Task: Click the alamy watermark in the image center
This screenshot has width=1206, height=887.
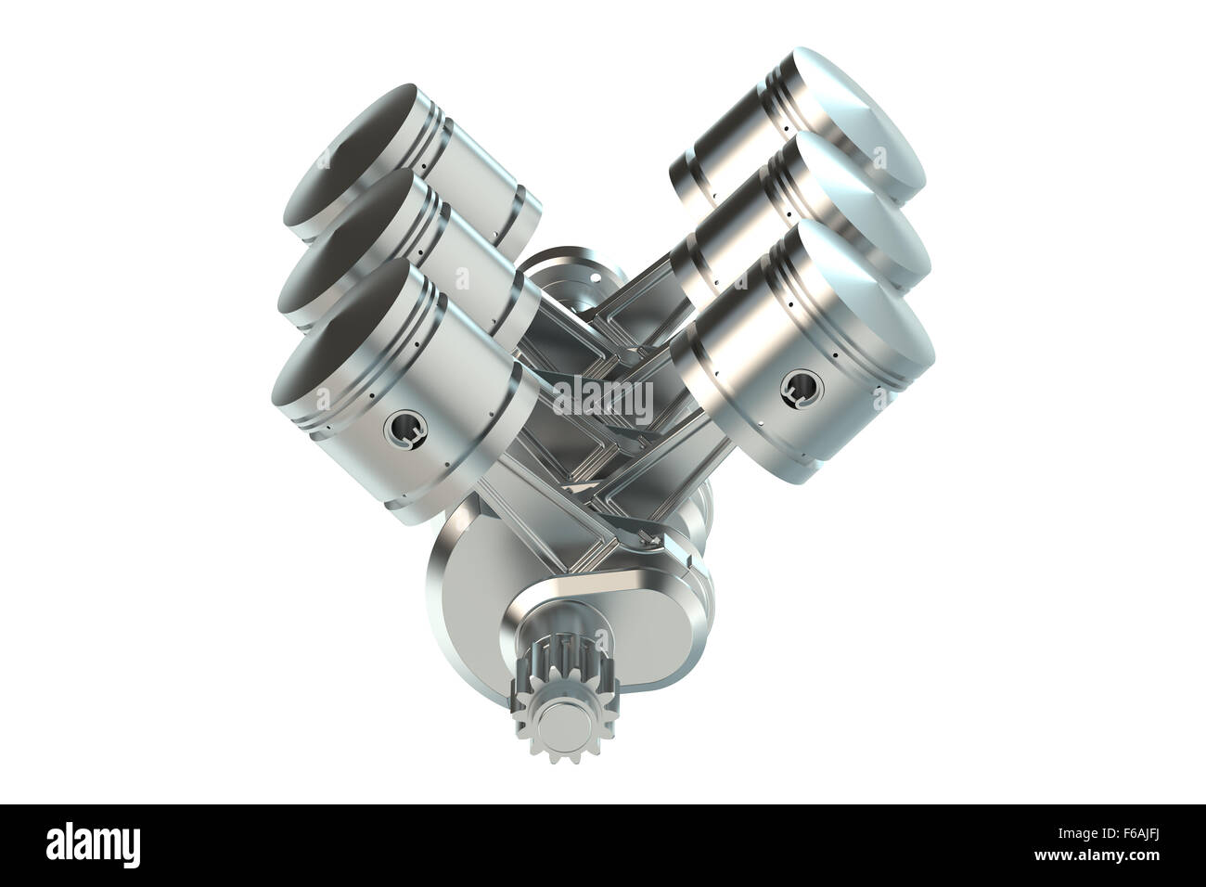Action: (x=602, y=397)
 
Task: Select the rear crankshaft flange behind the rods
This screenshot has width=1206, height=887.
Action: (x=557, y=278)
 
